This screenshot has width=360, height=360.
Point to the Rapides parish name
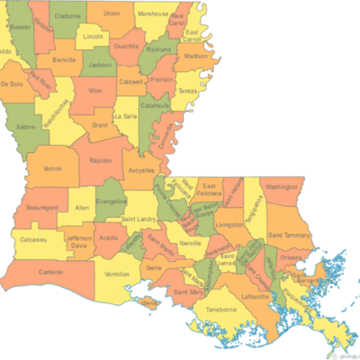(101, 161)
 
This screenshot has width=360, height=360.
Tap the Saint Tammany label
(289, 235)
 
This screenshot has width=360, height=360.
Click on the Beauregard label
(43, 206)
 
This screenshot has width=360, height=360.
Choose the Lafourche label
(256, 293)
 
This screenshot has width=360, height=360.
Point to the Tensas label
(187, 91)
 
